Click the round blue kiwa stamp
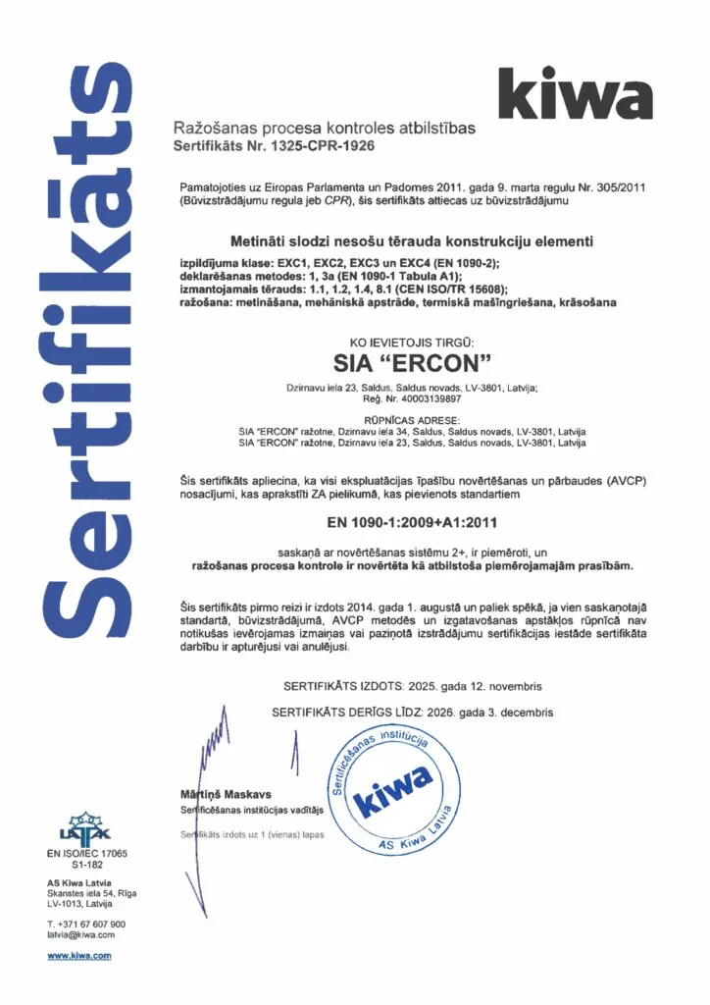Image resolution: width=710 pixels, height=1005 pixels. [x=396, y=786]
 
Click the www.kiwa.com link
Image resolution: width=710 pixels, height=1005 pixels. [x=79, y=955]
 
